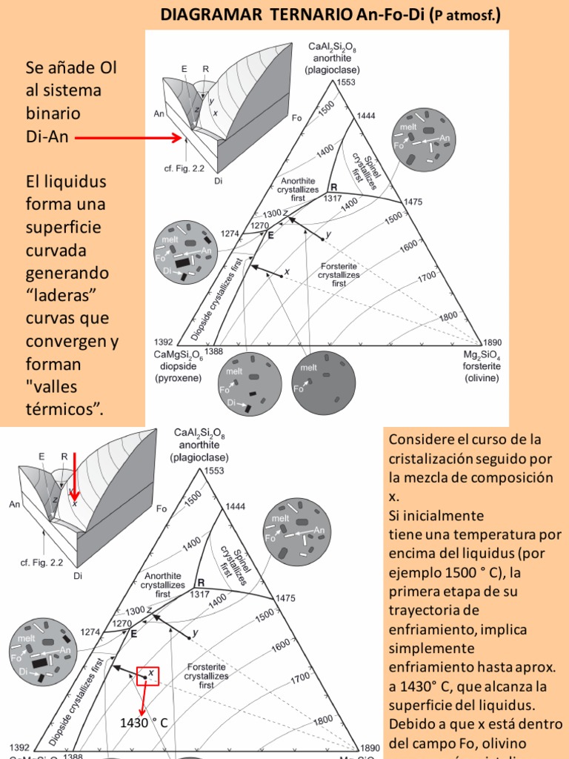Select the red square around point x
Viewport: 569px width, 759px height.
pos(147,675)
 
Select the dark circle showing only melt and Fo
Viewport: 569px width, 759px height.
pos(319,384)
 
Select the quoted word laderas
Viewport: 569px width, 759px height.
pos(67,295)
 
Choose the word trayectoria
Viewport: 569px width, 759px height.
pos(427,610)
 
